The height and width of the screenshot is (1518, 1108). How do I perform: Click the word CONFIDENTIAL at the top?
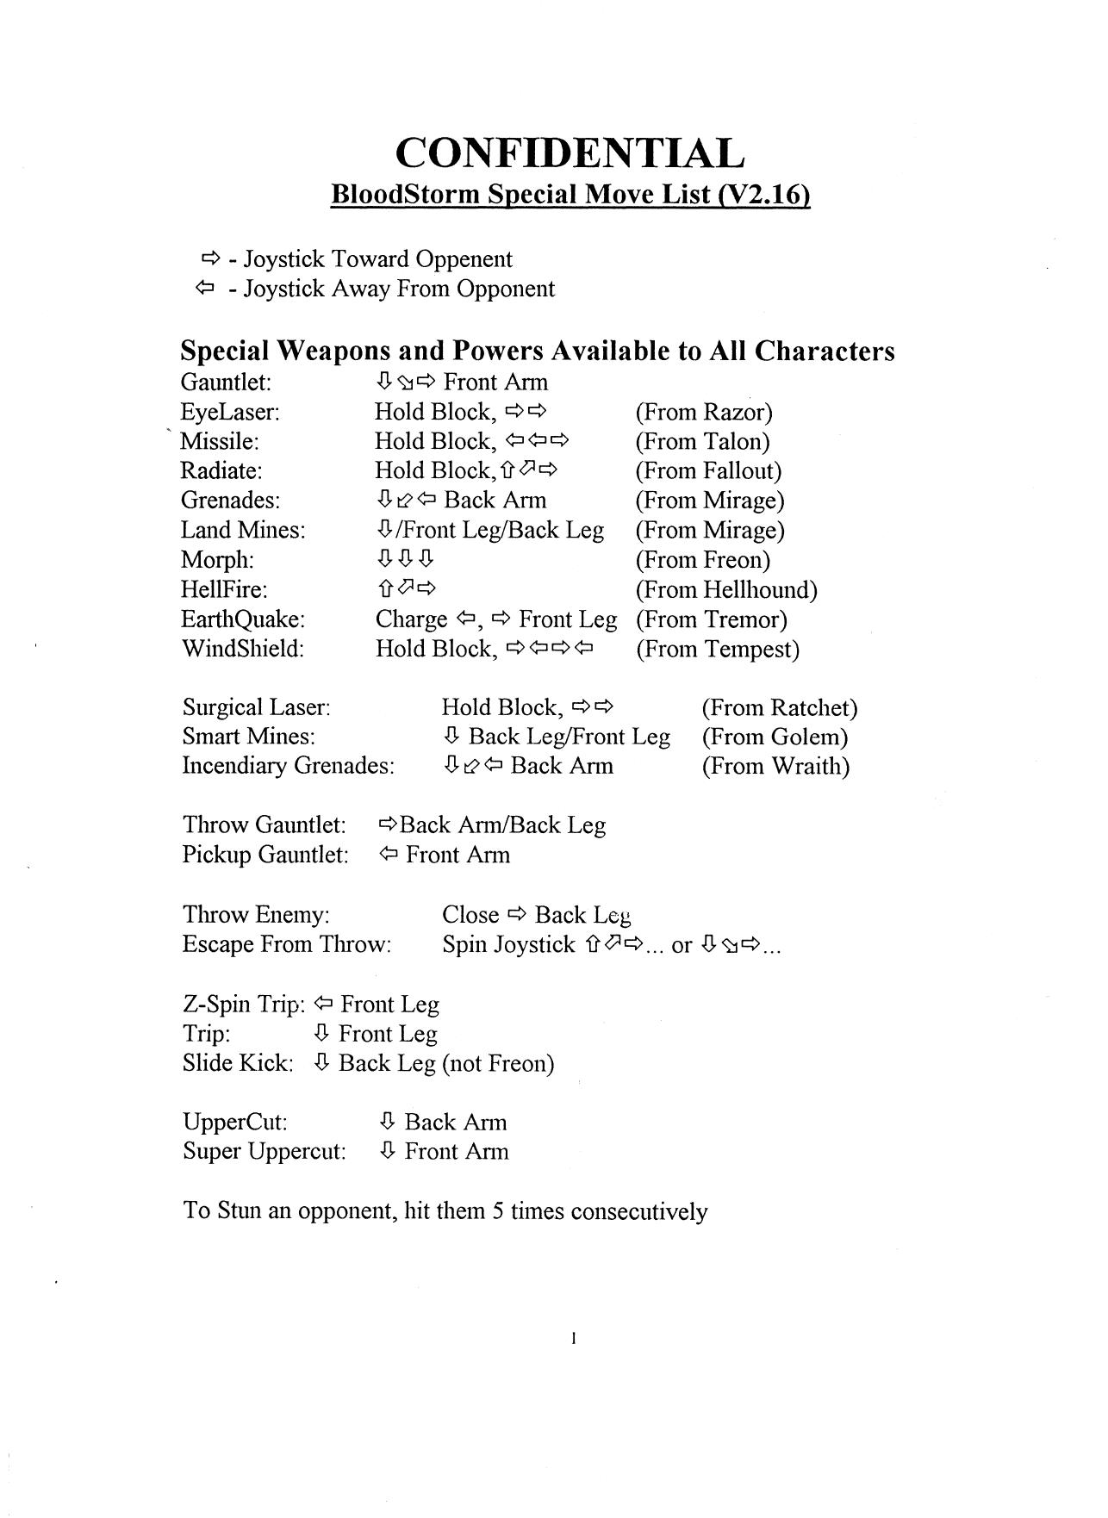(x=570, y=153)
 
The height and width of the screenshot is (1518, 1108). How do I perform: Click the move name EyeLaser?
(x=230, y=412)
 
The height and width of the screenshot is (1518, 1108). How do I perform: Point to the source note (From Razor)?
(x=704, y=412)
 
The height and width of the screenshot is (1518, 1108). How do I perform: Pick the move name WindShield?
(x=242, y=649)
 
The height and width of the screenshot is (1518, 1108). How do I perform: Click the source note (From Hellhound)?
(x=726, y=590)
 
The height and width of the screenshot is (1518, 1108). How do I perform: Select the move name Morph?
(x=217, y=560)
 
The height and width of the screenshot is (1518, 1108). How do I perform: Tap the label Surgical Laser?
(x=257, y=707)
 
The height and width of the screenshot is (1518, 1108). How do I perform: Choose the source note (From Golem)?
(x=775, y=737)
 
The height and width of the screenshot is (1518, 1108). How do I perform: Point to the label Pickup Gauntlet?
(x=265, y=855)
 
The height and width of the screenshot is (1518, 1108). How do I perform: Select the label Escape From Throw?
(x=287, y=944)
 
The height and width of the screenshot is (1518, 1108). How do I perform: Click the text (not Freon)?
(x=498, y=1063)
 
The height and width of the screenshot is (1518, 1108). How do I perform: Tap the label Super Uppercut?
(x=264, y=1152)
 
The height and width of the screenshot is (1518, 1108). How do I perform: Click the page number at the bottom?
(x=573, y=1339)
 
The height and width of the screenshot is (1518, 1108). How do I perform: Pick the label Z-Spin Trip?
(x=244, y=1005)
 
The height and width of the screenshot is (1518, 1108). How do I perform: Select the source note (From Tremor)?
(x=712, y=619)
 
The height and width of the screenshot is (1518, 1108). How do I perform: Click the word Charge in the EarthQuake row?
(x=411, y=619)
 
